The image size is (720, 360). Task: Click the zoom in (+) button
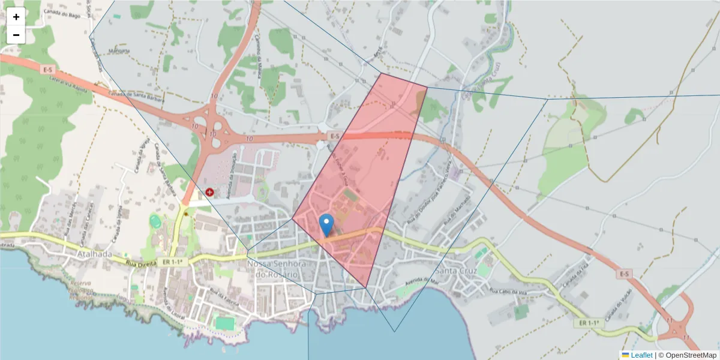click(16, 17)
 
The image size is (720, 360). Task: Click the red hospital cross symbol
click(209, 192)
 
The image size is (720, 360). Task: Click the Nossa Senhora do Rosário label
click(277, 269)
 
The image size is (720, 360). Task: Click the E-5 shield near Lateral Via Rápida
click(49, 70)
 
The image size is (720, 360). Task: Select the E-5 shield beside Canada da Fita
click(624, 274)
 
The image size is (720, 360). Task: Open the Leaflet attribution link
click(641, 355)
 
